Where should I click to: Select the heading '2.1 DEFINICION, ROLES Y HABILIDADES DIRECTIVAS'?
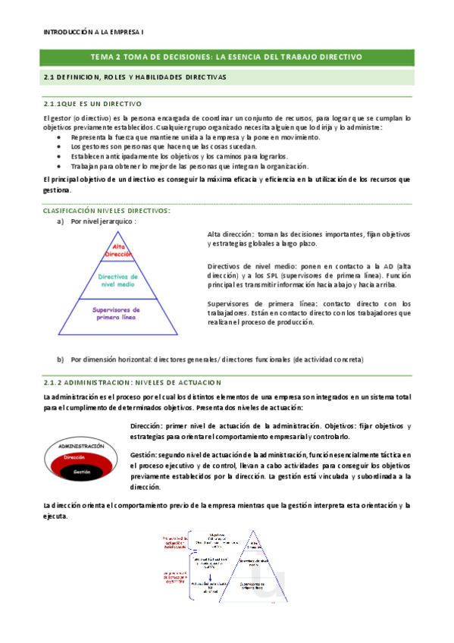pos(135,77)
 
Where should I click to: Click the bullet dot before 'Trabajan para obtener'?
pos(63,165)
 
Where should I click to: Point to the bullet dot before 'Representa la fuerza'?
pos(63,138)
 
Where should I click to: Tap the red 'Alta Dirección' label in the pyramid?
pos(117,250)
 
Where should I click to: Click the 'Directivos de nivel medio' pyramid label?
pos(117,281)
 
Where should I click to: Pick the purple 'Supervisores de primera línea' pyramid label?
pos(117,313)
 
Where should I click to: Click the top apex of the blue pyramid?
pos(117,232)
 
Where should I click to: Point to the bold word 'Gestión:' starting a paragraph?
pos(144,453)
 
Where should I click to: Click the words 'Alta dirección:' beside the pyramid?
pos(230,234)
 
